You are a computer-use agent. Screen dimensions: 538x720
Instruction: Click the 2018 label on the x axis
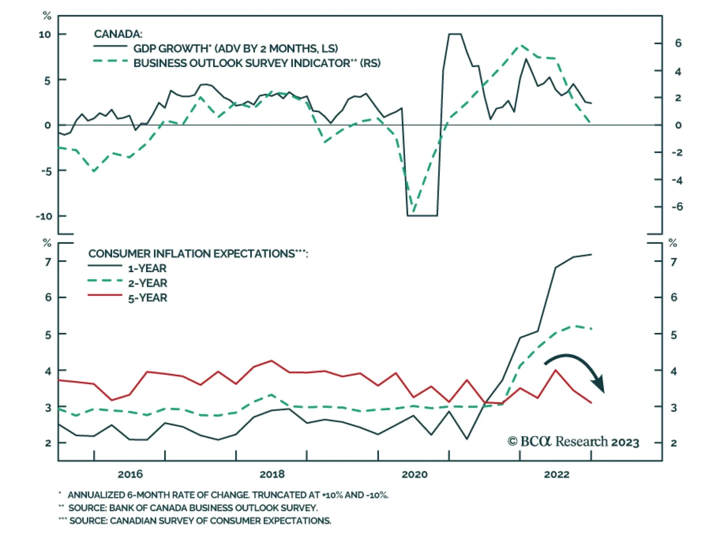point(272,474)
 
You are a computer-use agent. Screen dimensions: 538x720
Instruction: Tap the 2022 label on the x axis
point(556,474)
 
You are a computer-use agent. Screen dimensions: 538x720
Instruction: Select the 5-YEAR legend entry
point(147,298)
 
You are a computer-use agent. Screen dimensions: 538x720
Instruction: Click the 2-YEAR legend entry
point(147,283)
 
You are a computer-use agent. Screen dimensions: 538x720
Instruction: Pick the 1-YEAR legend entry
point(147,269)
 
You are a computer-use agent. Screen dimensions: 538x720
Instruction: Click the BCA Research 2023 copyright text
point(573,442)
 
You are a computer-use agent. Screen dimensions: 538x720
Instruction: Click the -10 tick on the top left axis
point(44,216)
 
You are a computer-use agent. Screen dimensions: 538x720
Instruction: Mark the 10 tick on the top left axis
point(45,35)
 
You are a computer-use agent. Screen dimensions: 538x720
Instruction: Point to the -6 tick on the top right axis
point(677,207)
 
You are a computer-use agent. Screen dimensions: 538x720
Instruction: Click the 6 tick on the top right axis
point(678,43)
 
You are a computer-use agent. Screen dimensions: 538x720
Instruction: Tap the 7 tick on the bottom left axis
point(48,261)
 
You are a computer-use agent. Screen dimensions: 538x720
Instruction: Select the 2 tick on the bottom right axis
point(674,443)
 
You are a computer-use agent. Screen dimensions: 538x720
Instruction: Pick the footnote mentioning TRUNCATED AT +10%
point(227,495)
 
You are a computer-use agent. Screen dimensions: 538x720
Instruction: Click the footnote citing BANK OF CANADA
point(193,508)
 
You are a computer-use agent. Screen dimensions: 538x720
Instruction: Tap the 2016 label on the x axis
point(130,474)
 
